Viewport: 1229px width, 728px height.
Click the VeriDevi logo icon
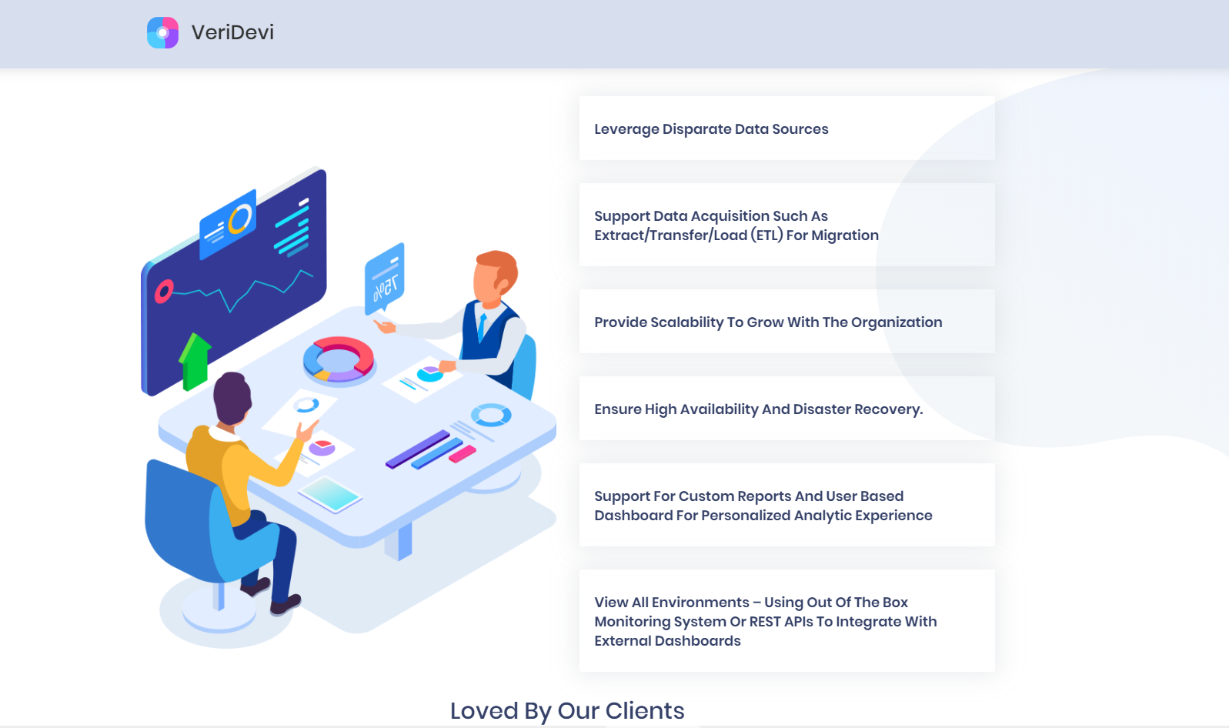(x=163, y=32)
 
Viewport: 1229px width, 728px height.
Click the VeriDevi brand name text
(x=232, y=32)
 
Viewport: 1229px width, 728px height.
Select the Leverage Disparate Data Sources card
(x=786, y=129)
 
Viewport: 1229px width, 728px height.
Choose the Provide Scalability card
(x=786, y=322)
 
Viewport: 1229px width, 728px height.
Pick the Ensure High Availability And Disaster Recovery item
(x=786, y=409)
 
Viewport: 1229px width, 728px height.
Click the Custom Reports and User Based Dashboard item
(x=786, y=506)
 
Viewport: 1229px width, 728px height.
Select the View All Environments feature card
(x=786, y=621)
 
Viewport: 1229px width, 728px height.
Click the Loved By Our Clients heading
(x=567, y=711)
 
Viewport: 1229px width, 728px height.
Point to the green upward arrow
(x=194, y=362)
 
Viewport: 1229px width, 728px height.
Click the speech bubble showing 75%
(x=385, y=279)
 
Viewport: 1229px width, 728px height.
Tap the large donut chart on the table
(x=339, y=359)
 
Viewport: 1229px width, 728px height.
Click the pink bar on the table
(x=462, y=454)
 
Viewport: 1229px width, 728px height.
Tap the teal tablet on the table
(x=329, y=494)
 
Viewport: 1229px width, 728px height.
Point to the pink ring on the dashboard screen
(x=163, y=292)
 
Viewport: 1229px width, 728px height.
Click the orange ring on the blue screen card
(x=240, y=219)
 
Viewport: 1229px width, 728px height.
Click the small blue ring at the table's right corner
(x=491, y=415)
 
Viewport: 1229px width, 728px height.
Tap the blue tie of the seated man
(x=482, y=326)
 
